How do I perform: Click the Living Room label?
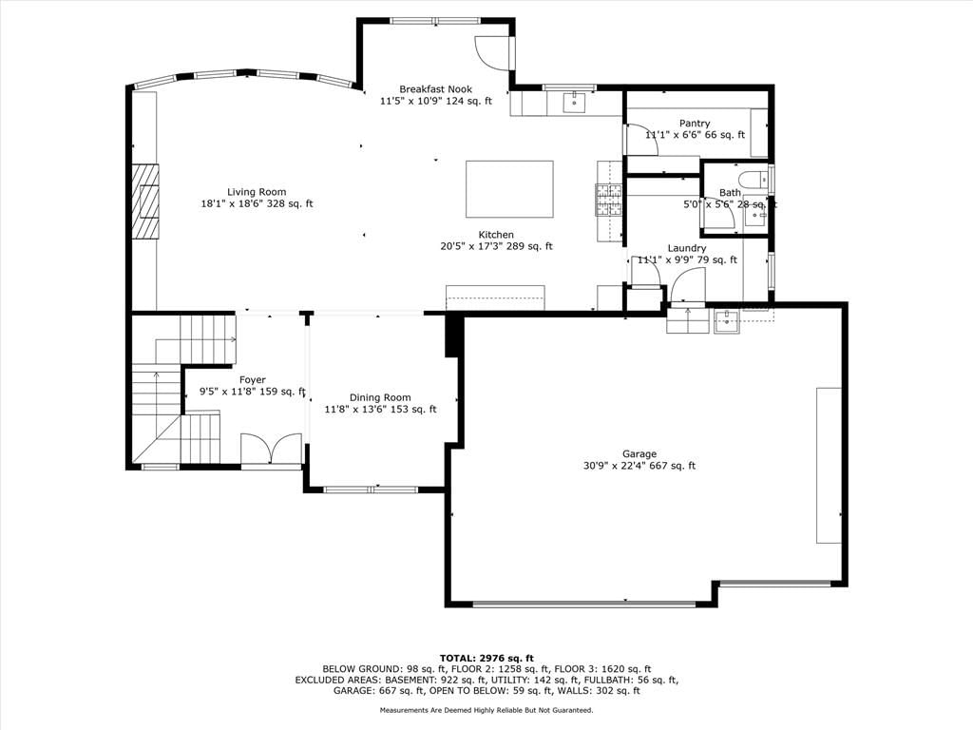coord(257,192)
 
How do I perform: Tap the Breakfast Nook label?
coord(435,89)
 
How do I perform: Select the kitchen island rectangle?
coord(509,189)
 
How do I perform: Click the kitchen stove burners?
coord(609,200)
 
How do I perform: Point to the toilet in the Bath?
coord(753,178)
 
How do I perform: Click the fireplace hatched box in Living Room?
coord(144,202)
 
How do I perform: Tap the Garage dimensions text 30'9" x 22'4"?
coord(613,466)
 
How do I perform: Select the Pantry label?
coord(695,124)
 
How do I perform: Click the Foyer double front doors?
coord(271,449)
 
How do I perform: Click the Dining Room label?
coord(380,398)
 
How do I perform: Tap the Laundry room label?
coord(687,248)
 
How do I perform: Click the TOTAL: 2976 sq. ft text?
coord(486,658)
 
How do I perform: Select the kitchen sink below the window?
coord(575,103)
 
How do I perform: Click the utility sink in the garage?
coord(726,321)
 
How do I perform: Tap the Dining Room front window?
coord(372,490)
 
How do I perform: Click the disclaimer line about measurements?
coord(486,710)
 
